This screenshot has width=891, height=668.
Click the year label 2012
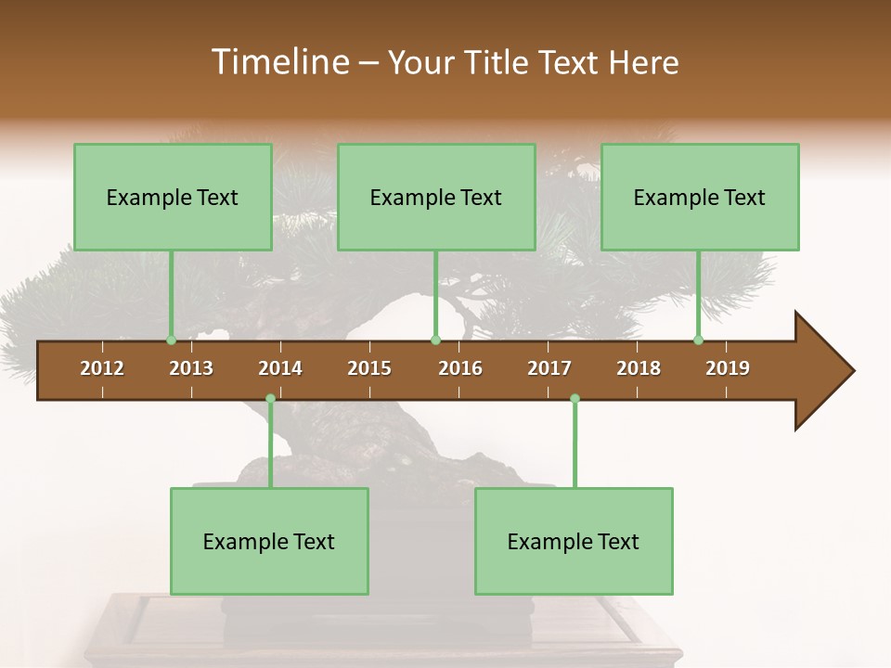pos(102,368)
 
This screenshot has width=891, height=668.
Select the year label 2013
pos(191,368)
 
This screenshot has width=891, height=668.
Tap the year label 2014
pos(280,368)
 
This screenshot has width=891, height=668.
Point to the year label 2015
pos(369,368)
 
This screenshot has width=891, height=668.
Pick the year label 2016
pos(460,368)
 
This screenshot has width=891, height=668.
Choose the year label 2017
pos(549,368)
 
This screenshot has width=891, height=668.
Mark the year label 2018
pos(639,368)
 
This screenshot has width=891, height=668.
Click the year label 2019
pos(728,368)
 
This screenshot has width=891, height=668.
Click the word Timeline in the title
pos(278,62)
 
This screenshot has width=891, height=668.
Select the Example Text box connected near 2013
pos(173,197)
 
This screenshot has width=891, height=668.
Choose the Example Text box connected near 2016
pos(436,197)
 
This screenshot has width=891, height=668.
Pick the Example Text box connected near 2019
pos(700,197)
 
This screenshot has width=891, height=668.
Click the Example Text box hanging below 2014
pos(269,541)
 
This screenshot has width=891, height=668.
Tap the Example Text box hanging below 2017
pos(574,541)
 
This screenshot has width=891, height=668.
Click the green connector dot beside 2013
pos(172,340)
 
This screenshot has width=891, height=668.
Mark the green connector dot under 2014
pos(270,399)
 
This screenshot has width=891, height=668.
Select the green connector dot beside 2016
pos(435,340)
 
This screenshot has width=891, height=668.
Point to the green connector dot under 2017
pos(575,399)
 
